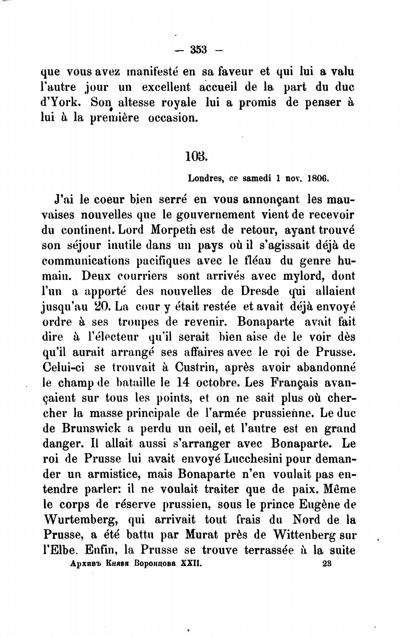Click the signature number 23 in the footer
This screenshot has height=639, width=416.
coord(327,563)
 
